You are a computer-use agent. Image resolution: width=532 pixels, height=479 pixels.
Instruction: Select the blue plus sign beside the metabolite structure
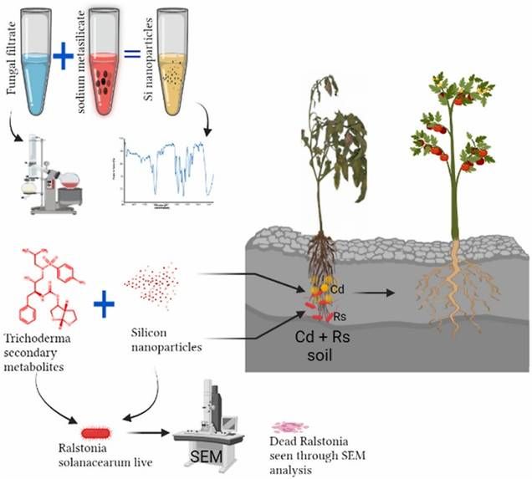103,303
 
